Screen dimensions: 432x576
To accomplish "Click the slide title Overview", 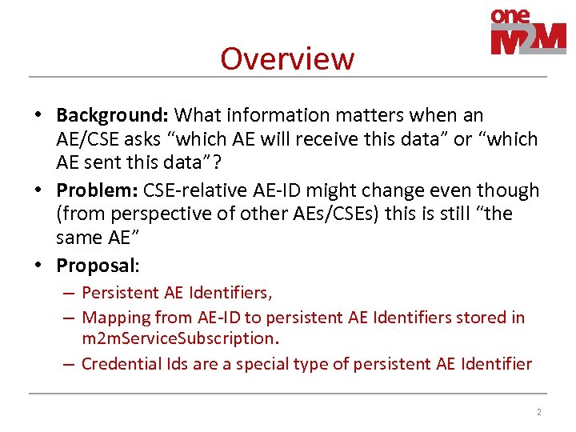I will click(x=286, y=58).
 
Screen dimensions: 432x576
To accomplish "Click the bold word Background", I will click(x=112, y=115).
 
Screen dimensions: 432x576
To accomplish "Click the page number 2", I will click(x=538, y=412).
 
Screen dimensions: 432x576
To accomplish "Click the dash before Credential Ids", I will click(x=70, y=364).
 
